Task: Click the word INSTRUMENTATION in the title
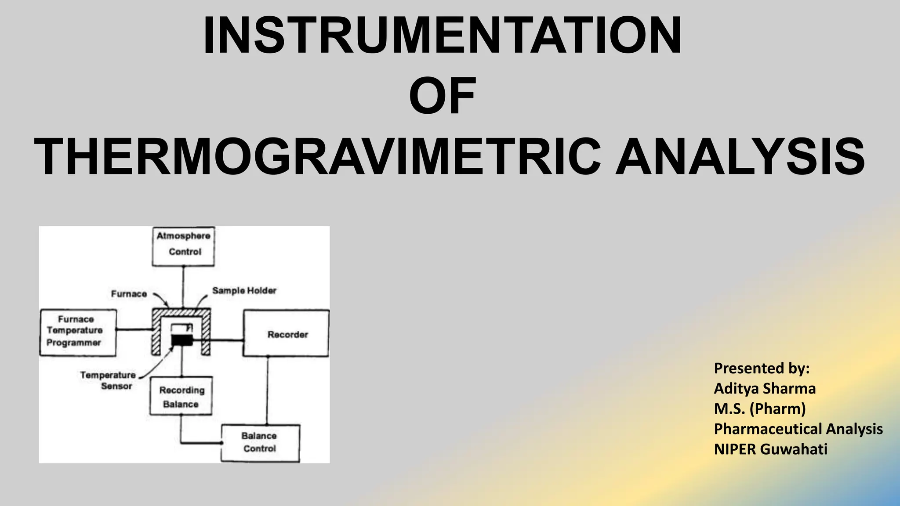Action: point(442,36)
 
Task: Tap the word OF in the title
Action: point(442,96)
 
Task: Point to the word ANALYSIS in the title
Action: point(740,157)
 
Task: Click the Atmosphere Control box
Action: point(183,246)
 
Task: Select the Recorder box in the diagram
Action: point(286,333)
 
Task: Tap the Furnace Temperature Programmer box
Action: point(78,333)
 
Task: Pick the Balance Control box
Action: point(260,443)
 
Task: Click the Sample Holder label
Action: point(244,290)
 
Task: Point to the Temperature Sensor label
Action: point(108,380)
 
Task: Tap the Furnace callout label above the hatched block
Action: point(129,294)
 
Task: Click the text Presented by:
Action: point(762,368)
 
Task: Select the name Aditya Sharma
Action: point(765,388)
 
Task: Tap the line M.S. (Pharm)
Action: point(760,408)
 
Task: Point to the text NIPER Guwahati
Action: point(770,449)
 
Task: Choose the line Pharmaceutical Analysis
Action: point(798,429)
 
